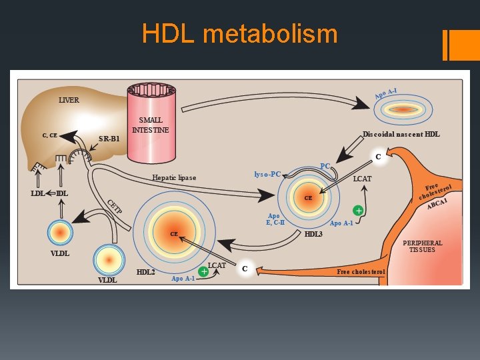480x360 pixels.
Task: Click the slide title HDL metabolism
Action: tap(240, 33)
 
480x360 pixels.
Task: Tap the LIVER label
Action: tap(69, 100)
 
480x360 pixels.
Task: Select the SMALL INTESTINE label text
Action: tap(150, 125)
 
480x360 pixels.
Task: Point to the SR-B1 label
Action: tap(109, 139)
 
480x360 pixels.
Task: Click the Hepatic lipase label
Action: tap(174, 177)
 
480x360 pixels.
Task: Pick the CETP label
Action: tap(115, 207)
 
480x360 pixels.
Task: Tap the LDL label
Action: tap(37, 193)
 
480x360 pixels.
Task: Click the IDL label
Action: tap(62, 193)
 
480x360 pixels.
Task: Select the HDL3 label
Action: tap(313, 234)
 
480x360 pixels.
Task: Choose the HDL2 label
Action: tap(146, 272)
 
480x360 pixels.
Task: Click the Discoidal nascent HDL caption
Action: tap(401, 134)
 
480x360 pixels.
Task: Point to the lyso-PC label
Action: tap(267, 174)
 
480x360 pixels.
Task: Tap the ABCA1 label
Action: tap(437, 204)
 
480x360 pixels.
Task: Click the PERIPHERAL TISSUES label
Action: tap(423, 246)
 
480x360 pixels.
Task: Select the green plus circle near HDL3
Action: tap(358, 211)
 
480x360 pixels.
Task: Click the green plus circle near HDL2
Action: tap(203, 271)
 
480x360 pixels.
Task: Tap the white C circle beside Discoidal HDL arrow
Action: tap(379, 157)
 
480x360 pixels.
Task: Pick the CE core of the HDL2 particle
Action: tap(174, 234)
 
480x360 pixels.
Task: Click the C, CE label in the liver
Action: tap(50, 135)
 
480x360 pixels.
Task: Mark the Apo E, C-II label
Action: tap(275, 219)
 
